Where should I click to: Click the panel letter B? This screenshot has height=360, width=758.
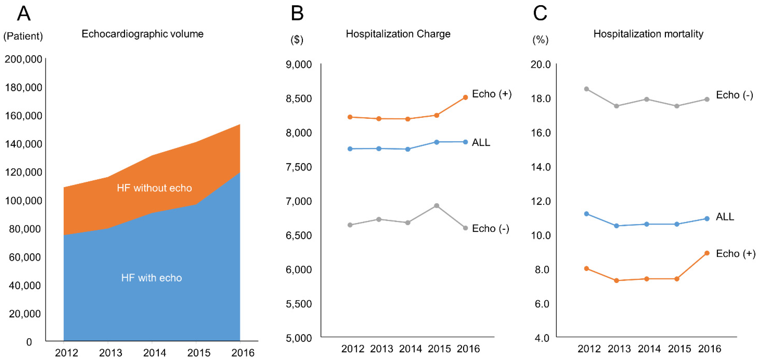[297, 14]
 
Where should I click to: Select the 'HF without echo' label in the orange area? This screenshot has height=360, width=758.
[154, 188]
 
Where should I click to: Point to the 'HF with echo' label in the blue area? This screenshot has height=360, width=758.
[152, 278]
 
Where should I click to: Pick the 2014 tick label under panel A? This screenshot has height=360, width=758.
[155, 352]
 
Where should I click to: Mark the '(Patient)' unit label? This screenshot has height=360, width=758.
[23, 36]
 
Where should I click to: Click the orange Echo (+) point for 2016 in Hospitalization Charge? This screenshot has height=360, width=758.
[465, 97]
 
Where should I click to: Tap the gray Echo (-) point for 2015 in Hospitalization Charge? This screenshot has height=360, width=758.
[437, 206]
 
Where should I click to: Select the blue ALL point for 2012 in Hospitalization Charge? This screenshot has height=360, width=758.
[350, 149]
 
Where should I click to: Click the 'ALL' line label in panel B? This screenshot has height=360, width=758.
[481, 142]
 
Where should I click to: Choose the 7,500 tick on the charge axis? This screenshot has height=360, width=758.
[299, 167]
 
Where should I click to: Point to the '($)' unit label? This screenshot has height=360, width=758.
[297, 40]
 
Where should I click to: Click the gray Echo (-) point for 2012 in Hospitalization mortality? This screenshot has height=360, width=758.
[586, 89]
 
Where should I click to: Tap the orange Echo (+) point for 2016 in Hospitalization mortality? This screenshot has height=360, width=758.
[707, 253]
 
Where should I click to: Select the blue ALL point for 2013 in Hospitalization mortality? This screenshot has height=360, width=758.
[617, 226]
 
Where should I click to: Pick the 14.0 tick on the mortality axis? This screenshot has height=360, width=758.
[541, 167]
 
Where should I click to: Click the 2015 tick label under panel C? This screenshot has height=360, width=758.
[679, 349]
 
